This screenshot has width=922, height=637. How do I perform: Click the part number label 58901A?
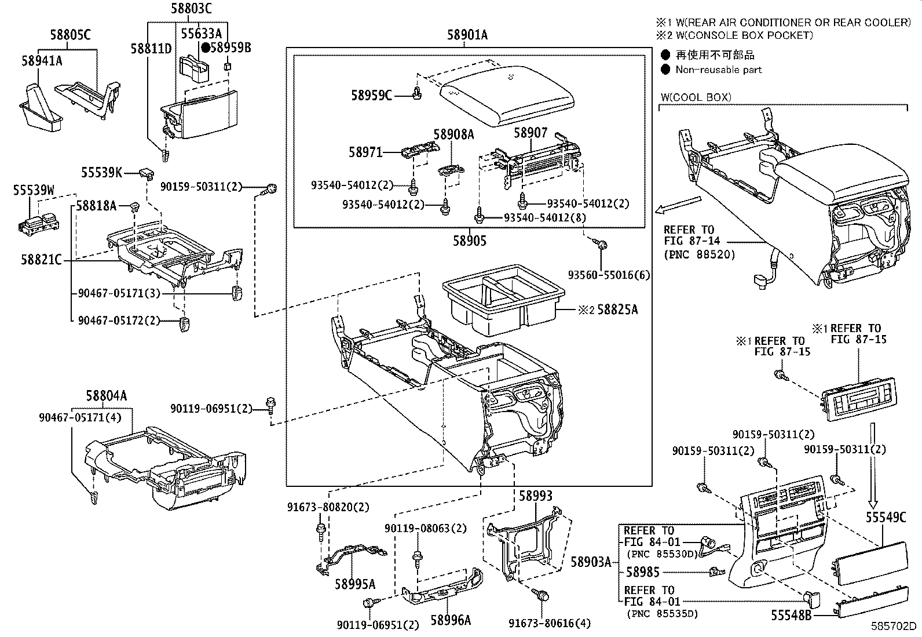click(x=467, y=35)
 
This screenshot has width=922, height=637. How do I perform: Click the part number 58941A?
click(x=42, y=60)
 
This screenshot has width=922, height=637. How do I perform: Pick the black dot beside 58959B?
click(x=204, y=48)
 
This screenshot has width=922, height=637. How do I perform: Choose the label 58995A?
click(x=354, y=584)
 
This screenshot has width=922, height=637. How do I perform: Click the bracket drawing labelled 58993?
click(x=524, y=542)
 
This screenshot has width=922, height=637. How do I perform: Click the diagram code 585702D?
click(x=895, y=627)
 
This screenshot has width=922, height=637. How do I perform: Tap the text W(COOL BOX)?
click(x=696, y=97)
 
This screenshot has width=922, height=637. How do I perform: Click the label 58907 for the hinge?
click(x=530, y=133)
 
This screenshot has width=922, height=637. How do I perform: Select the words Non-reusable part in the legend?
click(x=718, y=70)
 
